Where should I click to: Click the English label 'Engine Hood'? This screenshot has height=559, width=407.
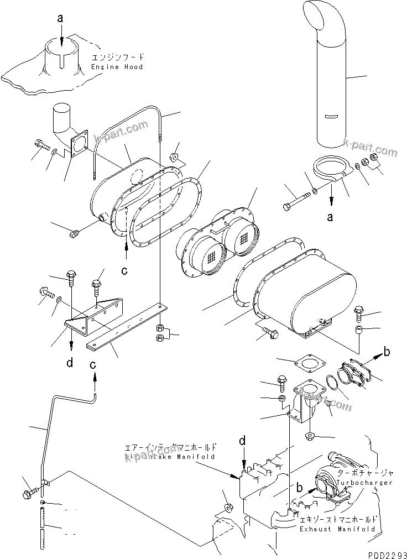tap(117, 67)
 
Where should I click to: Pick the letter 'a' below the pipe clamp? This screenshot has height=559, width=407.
tap(330, 217)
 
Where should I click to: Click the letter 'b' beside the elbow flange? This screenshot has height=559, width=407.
tap(387, 351)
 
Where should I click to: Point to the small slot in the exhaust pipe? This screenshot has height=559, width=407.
tap(330, 117)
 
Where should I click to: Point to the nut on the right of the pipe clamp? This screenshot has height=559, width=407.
tap(373, 159)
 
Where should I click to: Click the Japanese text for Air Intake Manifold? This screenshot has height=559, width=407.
tap(170, 448)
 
